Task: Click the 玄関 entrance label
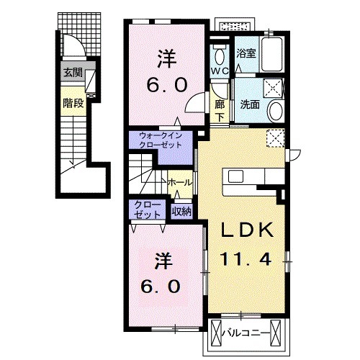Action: tap(73, 72)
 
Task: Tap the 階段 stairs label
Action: tap(73, 104)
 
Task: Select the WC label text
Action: tap(220, 71)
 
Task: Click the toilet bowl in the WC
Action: tap(220, 57)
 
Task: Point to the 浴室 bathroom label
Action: tap(246, 53)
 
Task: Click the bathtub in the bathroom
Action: tap(271, 54)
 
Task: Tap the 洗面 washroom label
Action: tap(250, 104)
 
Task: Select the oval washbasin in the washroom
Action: tap(276, 112)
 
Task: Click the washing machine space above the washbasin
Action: tap(274, 88)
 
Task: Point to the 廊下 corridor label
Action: tap(220, 111)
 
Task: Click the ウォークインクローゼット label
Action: tap(161, 140)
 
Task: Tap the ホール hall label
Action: tap(180, 183)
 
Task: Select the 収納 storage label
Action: tap(181, 212)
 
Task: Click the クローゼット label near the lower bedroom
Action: tap(147, 210)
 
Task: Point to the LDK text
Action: tap(247, 230)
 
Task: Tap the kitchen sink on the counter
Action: tap(235, 176)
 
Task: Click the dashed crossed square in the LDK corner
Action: tap(276, 138)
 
